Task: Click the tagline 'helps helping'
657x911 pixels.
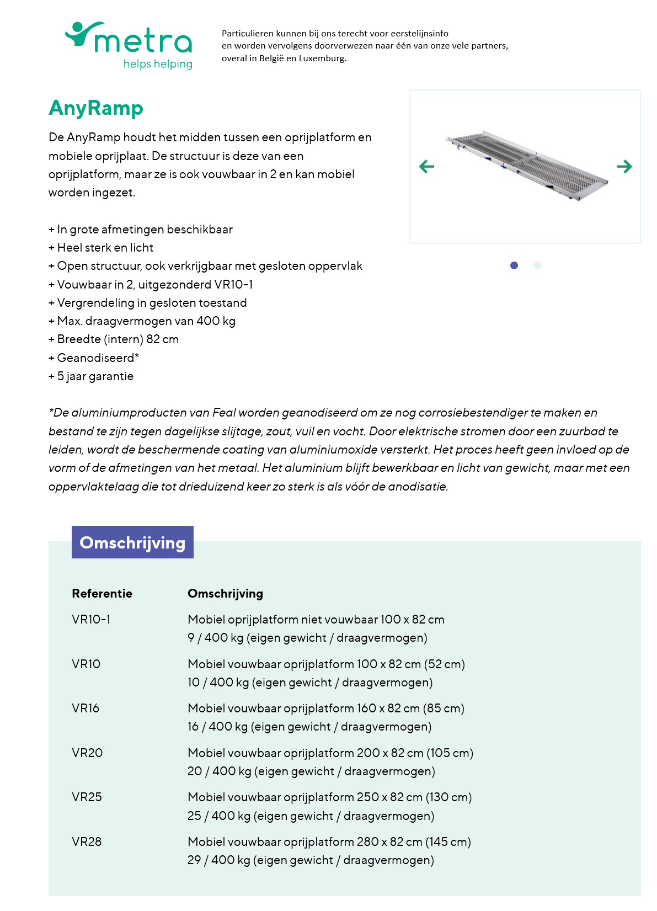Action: pos(158,64)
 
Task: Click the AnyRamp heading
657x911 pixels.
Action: pos(96,108)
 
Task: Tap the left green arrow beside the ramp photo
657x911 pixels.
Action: pos(427,166)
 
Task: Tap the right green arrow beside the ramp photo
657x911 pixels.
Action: pos(624,166)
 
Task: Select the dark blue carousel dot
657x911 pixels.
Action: pos(514,265)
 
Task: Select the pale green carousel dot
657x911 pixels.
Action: pos(537,265)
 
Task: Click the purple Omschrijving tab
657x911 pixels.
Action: pos(132,542)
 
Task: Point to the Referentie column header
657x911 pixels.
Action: pos(102,594)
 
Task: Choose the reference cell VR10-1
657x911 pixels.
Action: pos(91,620)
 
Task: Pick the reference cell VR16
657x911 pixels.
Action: pos(86,708)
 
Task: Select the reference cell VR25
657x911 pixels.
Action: pos(87,797)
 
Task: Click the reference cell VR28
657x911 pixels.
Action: pos(87,842)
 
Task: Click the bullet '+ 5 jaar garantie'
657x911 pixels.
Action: pos(92,376)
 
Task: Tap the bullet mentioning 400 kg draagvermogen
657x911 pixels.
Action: pos(142,321)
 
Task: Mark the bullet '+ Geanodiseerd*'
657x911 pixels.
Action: pos(94,358)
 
